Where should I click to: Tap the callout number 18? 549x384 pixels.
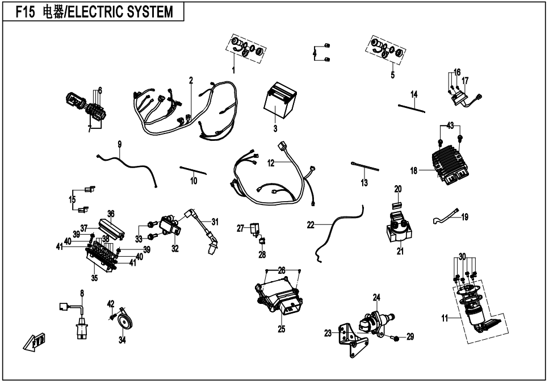[x=414, y=170]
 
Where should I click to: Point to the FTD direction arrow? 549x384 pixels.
[x=34, y=341]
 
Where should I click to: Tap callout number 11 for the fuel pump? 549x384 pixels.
[x=445, y=319]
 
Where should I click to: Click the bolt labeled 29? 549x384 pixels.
[x=395, y=338]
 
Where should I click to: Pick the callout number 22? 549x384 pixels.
[x=311, y=225]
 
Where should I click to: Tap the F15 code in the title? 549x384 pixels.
[x=26, y=12]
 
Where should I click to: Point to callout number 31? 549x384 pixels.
[x=215, y=222]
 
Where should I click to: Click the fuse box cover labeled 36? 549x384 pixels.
[x=112, y=228]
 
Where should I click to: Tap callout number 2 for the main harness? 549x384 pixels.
[x=191, y=81]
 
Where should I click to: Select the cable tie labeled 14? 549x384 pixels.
[x=412, y=108]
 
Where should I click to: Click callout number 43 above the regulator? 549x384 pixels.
[x=450, y=126]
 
